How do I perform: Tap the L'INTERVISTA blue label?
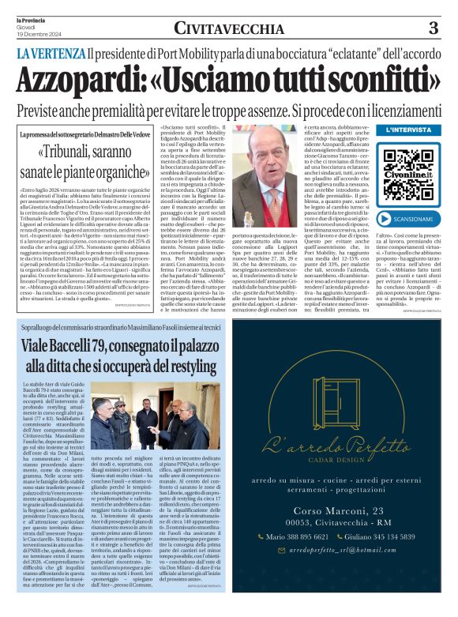coord(409,129)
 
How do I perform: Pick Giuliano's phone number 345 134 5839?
coord(386,557)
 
